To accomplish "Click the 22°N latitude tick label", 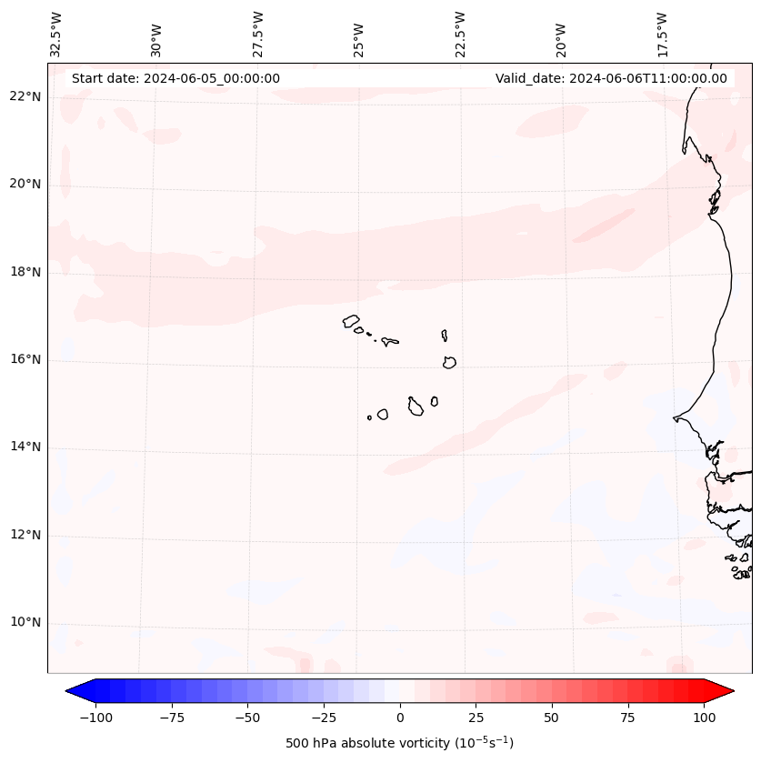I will pyautogui.click(x=26, y=97).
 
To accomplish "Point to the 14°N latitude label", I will pyautogui.click(x=26, y=447).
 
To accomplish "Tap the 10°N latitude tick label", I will pyautogui.click(x=26, y=623).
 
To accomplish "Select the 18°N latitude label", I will pyautogui.click(x=26, y=272).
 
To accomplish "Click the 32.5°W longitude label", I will pyautogui.click(x=56, y=35).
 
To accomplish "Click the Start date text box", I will pyautogui.click(x=175, y=78).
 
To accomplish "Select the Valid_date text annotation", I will pyautogui.click(x=611, y=78).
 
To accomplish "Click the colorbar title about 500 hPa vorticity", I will pyautogui.click(x=399, y=743).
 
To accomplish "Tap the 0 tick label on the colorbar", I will pyautogui.click(x=400, y=718).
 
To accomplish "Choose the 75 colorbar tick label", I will pyautogui.click(x=628, y=718).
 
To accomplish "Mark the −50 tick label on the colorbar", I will pyautogui.click(x=247, y=718).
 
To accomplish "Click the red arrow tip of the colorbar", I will pyautogui.click(x=725, y=692).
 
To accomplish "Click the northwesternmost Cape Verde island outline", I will pyautogui.click(x=351, y=320).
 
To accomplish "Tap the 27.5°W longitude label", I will pyautogui.click(x=258, y=35).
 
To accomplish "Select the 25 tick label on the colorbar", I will pyautogui.click(x=476, y=718).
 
